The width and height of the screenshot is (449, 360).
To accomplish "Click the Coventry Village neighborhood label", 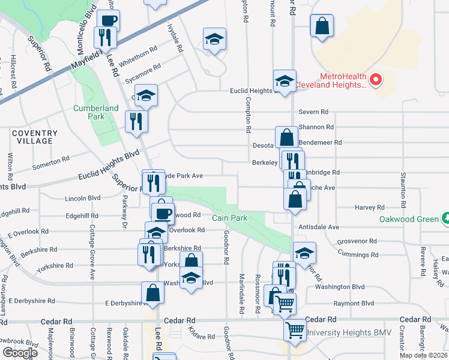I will coord(34,137).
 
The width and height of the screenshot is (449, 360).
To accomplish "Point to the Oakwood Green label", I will coord(409,219).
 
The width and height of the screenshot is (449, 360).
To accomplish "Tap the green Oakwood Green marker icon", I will coord(445,218).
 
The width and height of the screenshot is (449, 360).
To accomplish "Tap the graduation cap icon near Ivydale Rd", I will coord(214,39).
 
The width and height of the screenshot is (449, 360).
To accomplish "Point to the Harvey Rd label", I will coord(369,208).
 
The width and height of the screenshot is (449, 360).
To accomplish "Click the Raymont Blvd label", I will coord(354,304).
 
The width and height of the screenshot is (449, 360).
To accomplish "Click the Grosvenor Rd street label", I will coord(357,241).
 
